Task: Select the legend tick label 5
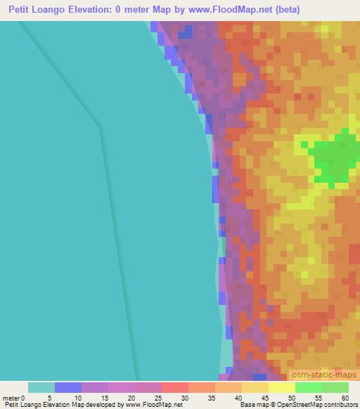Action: (x=55, y=397)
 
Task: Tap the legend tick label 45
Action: (x=269, y=397)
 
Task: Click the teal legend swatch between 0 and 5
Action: (x=41, y=387)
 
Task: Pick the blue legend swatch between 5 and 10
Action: (x=68, y=387)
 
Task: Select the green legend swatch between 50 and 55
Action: (x=309, y=387)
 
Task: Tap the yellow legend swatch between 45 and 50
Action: (x=282, y=387)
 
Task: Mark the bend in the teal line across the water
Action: (x=101, y=128)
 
